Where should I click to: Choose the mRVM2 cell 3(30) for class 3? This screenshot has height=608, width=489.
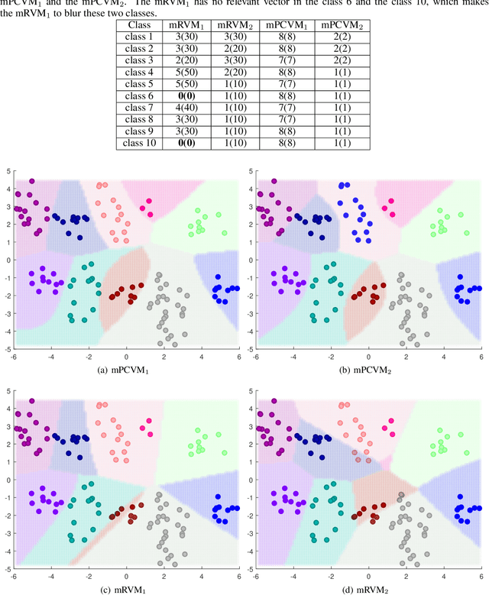pyautogui.click(x=235, y=61)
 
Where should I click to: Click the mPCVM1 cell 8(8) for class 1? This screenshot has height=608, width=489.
pyautogui.click(x=286, y=37)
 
